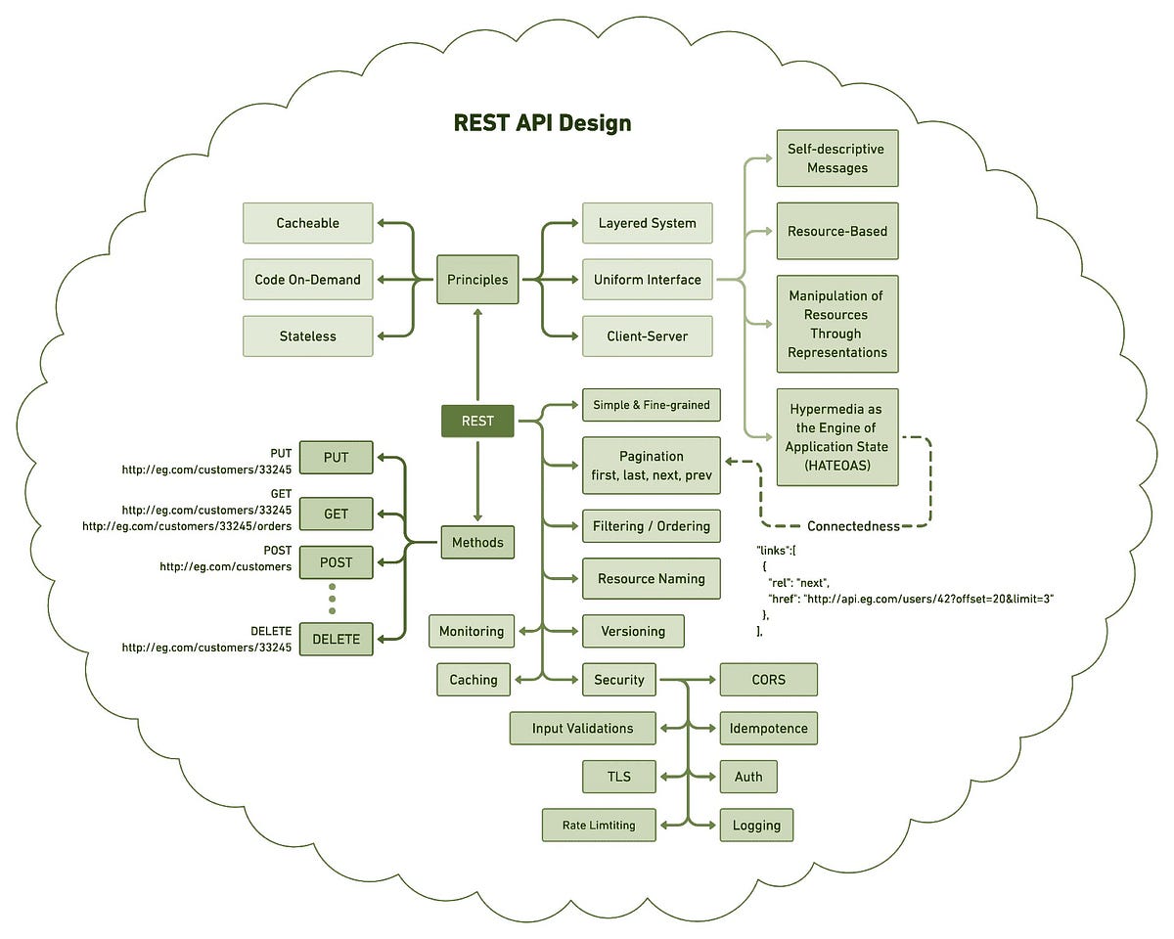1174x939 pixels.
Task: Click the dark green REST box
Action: (477, 422)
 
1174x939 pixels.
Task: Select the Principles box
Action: (477, 280)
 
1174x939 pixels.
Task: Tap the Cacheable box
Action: (307, 223)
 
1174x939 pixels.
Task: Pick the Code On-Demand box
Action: (307, 280)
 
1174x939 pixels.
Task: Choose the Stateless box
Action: (307, 336)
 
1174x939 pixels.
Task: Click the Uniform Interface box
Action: (647, 280)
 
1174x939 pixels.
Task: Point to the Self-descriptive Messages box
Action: (836, 158)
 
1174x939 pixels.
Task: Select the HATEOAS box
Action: (836, 437)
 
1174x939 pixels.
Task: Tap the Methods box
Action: (477, 542)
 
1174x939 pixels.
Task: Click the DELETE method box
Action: (336, 640)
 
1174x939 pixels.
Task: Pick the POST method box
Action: (336, 563)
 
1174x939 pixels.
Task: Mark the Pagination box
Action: (651, 466)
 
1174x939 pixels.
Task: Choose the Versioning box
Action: (633, 631)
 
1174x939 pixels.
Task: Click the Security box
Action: (619, 680)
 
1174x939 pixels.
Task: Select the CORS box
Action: (768, 680)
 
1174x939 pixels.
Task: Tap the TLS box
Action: (618, 778)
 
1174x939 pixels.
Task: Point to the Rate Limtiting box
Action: (599, 826)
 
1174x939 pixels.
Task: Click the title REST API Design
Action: (542, 123)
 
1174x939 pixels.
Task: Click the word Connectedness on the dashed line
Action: (853, 526)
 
